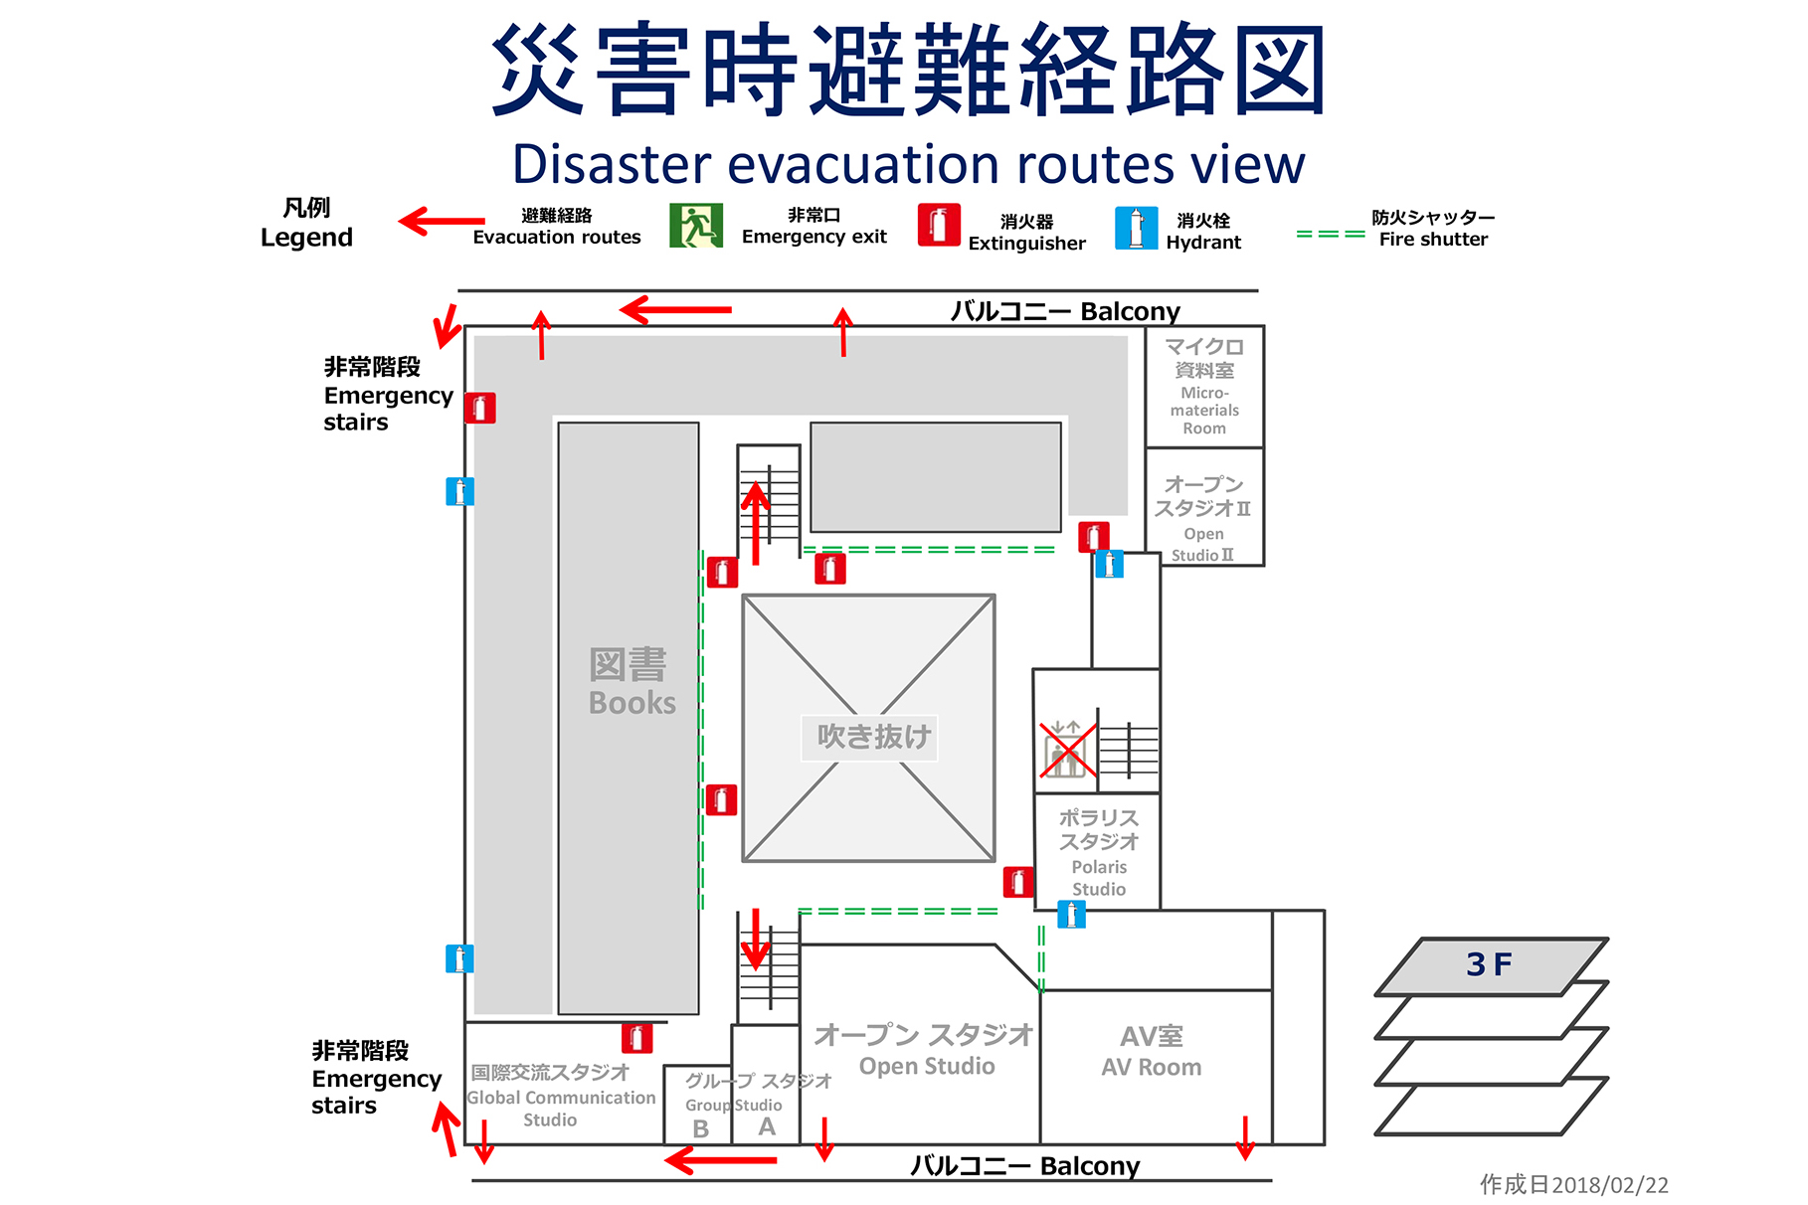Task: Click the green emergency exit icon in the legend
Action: [696, 226]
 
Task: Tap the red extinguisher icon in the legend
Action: [938, 225]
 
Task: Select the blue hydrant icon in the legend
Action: [1136, 228]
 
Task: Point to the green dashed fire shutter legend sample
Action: [1330, 235]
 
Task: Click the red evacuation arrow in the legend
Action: [442, 221]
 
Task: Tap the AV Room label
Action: [1152, 1052]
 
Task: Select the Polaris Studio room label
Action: [1099, 852]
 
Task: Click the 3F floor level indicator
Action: [1489, 964]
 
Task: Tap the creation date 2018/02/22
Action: [1573, 1184]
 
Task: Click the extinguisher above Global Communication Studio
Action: [636, 1038]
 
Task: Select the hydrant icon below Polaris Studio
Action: [1071, 914]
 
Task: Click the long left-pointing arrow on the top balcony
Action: [676, 310]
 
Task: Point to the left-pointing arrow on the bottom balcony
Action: [721, 1160]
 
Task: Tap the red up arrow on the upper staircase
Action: [757, 522]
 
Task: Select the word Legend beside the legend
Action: [306, 238]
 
